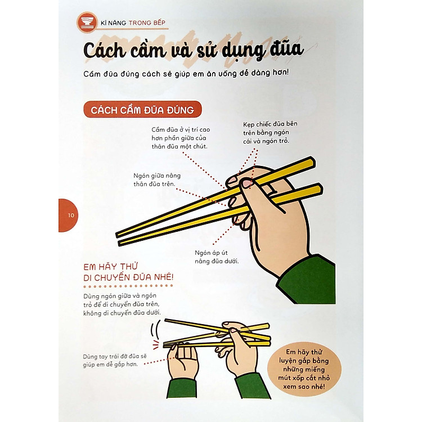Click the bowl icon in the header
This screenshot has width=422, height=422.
87,22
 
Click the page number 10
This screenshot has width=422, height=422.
71,216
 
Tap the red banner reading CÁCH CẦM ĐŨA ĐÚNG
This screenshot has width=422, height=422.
142,110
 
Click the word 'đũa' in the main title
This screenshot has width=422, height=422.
286,50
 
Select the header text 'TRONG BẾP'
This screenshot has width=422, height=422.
147,23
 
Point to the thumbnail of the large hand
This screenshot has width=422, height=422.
247,184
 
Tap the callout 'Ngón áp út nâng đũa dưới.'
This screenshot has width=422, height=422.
217,257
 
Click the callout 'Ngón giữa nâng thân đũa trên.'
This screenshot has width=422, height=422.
157,180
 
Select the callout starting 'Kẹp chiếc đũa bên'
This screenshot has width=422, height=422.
270,132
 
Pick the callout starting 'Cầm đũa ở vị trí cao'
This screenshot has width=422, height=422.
181,138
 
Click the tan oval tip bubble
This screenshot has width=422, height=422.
304,369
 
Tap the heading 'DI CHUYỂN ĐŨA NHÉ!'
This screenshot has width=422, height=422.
128,277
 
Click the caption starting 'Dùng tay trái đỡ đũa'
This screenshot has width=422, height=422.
115,360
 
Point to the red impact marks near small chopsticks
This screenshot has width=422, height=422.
156,344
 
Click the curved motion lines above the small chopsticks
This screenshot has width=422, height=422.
155,329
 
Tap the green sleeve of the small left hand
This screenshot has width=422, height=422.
182,388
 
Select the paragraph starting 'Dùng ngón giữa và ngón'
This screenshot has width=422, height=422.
122,304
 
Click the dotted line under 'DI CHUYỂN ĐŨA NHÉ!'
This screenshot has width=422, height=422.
128,286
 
